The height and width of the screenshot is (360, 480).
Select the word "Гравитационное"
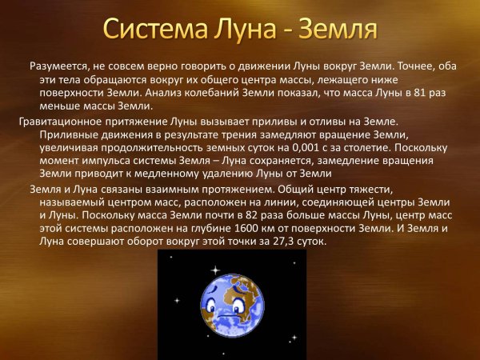click(x=56, y=122)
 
